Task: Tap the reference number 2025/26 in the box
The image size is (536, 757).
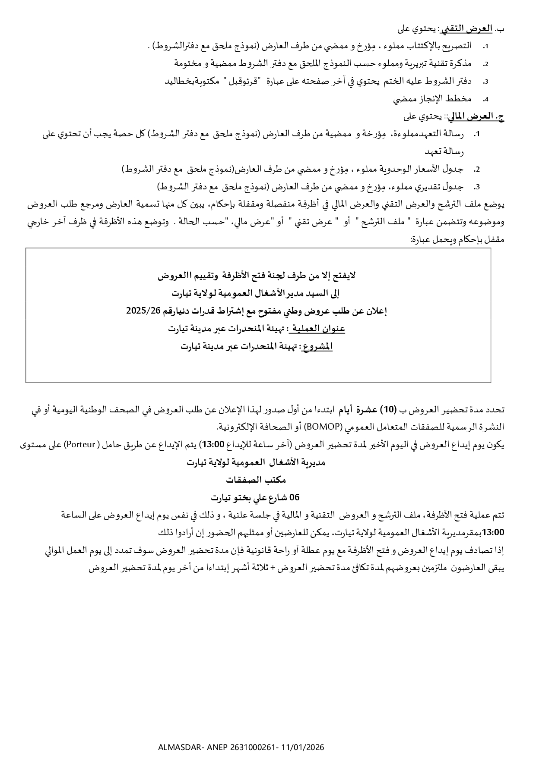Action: click(x=141, y=311)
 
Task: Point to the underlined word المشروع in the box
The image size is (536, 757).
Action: click(x=318, y=346)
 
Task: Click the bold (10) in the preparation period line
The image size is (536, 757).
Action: click(x=389, y=409)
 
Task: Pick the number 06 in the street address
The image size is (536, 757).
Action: click(x=294, y=497)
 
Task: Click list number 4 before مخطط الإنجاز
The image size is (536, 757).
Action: click(x=485, y=100)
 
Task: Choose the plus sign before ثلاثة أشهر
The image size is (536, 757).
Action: click(x=272, y=568)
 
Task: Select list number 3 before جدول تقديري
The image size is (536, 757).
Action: click(x=477, y=187)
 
